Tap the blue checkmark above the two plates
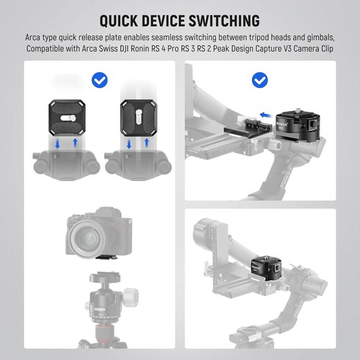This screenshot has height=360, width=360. tap(100, 79)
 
